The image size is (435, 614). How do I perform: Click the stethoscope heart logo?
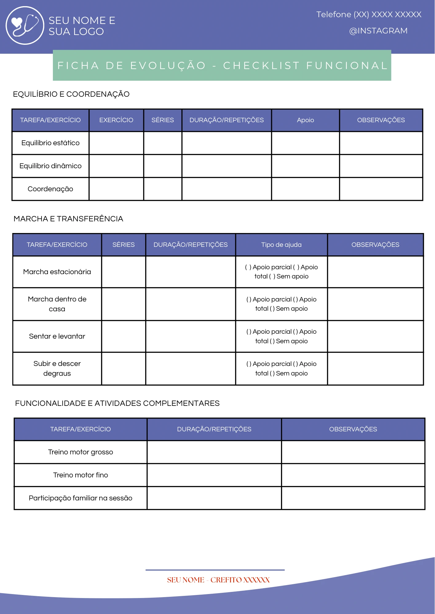[25, 25]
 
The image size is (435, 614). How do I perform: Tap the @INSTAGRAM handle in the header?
[378, 31]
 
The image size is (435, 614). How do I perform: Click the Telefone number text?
[369, 14]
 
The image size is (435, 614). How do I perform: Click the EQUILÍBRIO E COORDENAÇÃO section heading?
[71, 94]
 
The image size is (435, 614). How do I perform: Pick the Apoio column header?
[305, 120]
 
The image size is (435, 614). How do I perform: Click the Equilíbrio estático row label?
[50, 143]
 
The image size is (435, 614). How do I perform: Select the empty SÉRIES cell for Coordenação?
[163, 189]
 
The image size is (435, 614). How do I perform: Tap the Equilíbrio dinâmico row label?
[50, 166]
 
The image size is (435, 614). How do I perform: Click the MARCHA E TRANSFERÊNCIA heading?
[68, 219]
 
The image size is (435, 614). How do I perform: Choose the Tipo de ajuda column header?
[281, 245]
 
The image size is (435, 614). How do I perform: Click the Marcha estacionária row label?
[57, 272]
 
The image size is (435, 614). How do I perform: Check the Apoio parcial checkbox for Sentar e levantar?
[249, 332]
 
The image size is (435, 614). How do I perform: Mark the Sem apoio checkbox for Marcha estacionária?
[272, 277]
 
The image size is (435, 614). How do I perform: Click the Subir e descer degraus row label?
[57, 368]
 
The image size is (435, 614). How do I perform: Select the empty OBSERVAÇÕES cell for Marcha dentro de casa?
[375, 304]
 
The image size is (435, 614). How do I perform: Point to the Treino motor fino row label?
[81, 475]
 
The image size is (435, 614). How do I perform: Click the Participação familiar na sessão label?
[81, 498]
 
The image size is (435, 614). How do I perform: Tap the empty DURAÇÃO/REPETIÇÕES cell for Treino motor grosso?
[214, 452]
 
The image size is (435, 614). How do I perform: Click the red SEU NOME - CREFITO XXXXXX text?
[218, 580]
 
